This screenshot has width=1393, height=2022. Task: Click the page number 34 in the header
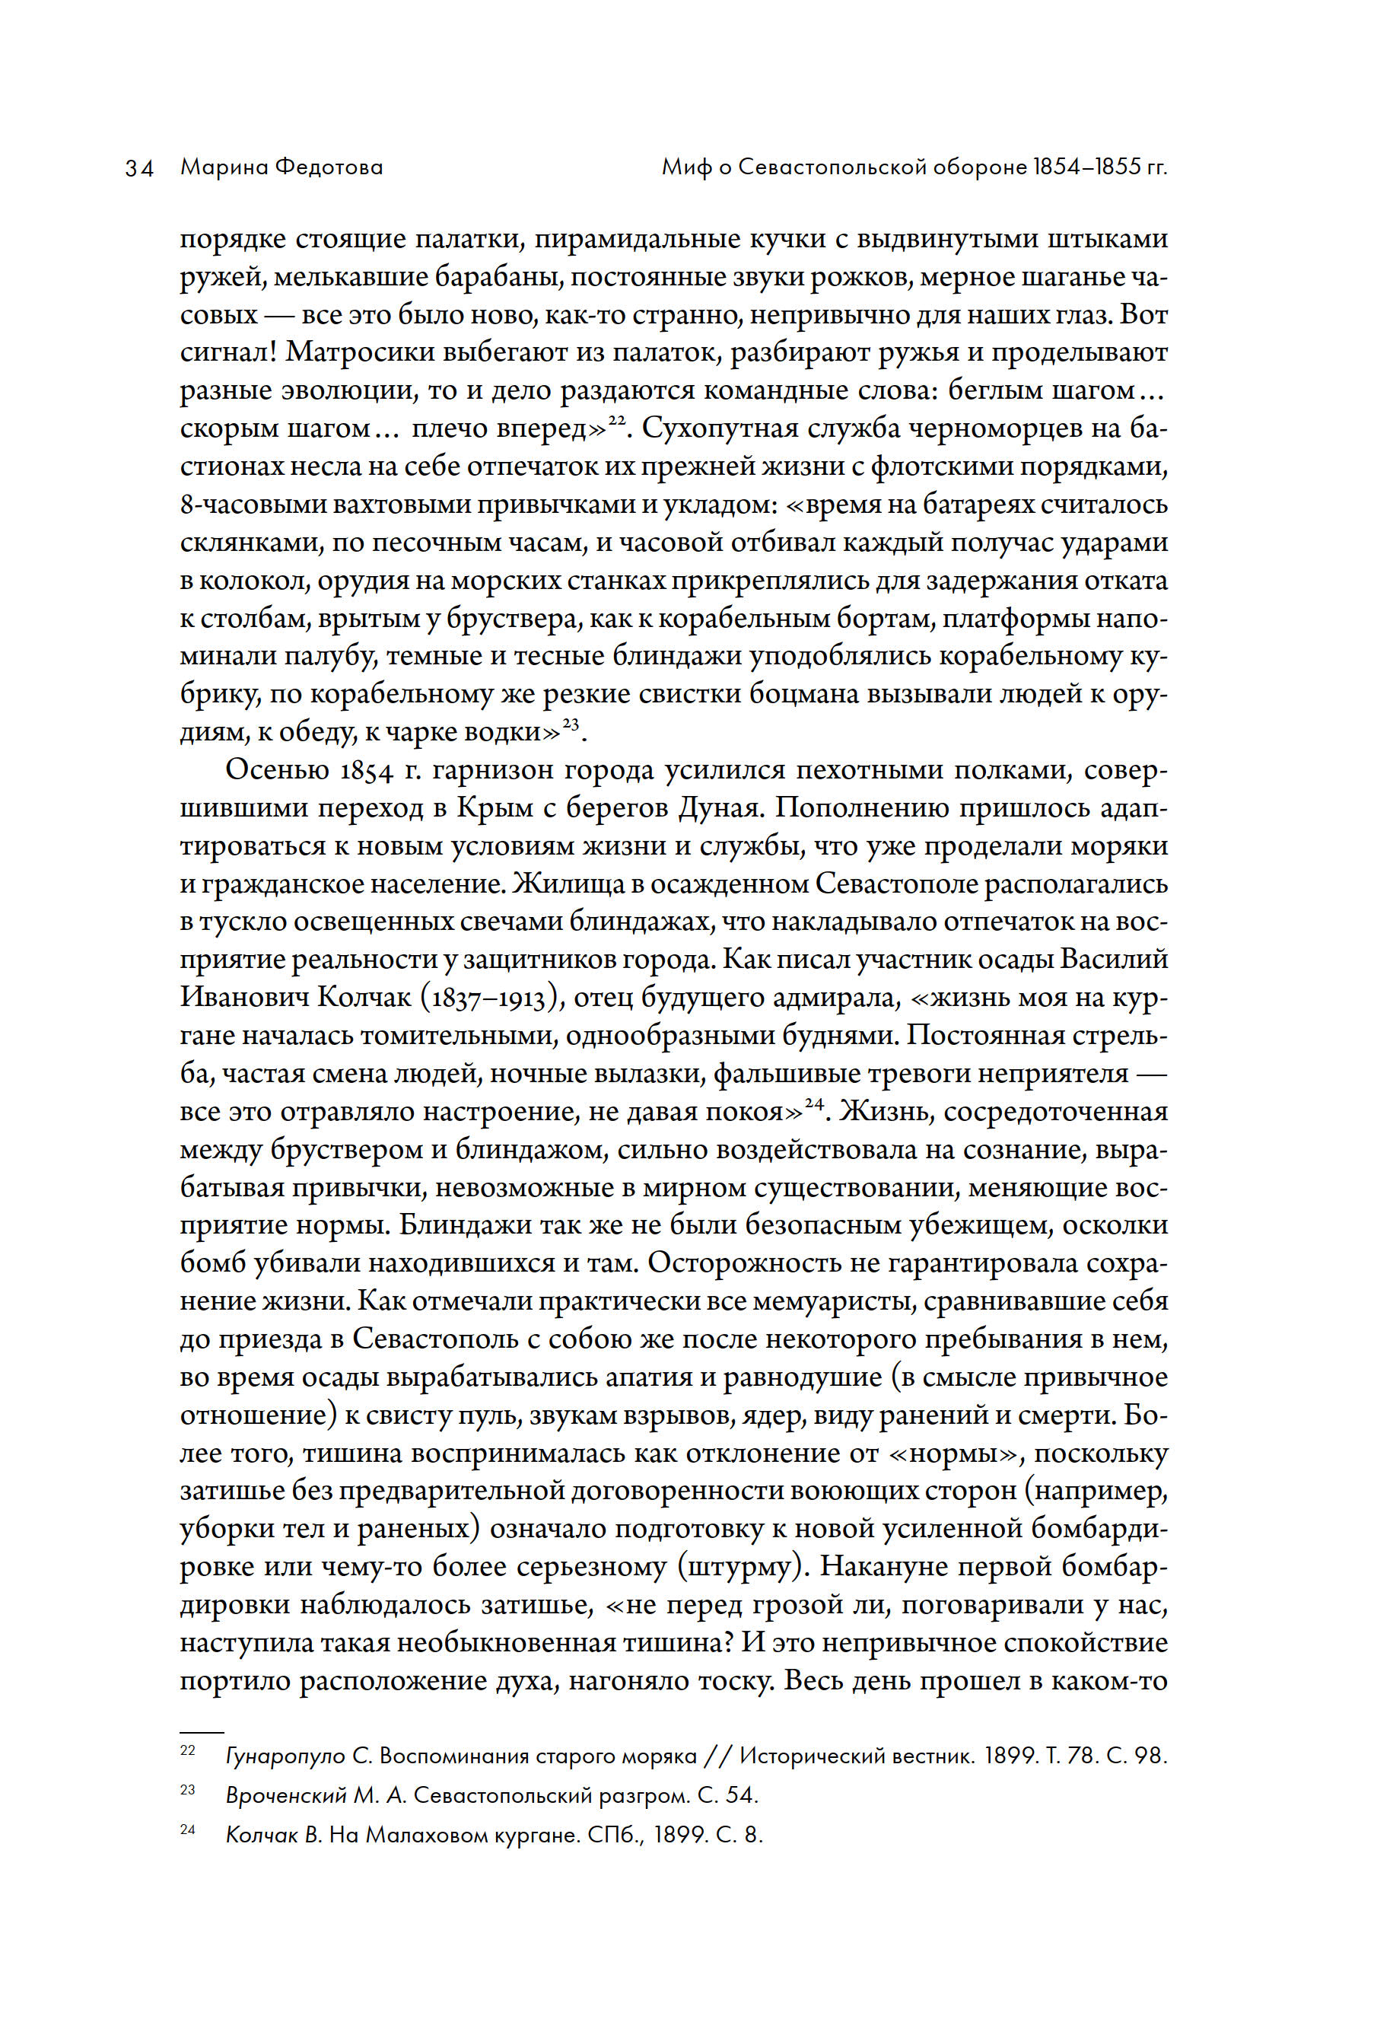tap(140, 167)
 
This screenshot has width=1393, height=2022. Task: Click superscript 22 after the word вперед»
tap(617, 420)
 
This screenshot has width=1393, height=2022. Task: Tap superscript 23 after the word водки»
tap(571, 723)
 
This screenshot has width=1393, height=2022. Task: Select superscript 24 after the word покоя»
tap(814, 1103)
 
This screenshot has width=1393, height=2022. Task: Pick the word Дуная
tap(718, 808)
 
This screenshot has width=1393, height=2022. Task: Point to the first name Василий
tap(1114, 960)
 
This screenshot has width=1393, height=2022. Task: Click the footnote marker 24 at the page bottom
tap(188, 1829)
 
